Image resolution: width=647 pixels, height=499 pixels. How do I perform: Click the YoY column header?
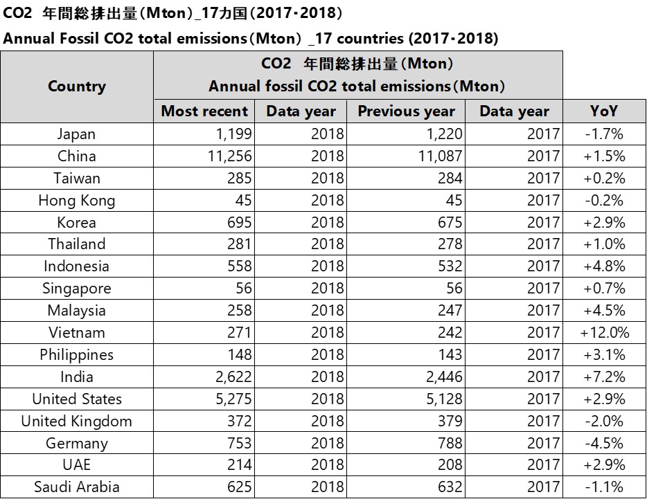coord(604,111)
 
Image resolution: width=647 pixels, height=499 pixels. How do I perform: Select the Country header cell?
coord(77,87)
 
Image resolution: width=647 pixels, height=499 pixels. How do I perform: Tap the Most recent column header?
coord(204,111)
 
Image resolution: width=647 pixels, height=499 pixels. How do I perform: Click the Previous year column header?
coord(406,111)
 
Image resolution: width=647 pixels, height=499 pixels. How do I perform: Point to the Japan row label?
coord(76,134)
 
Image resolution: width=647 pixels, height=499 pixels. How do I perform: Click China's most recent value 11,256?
coord(229,156)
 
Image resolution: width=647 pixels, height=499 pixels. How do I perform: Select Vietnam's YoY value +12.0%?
coord(604,332)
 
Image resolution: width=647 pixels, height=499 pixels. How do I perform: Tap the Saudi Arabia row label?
coord(76,487)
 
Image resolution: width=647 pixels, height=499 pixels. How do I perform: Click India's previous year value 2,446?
coord(440,376)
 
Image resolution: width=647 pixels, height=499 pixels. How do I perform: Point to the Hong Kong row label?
coord(76,200)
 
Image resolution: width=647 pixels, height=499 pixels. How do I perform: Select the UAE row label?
coord(76,464)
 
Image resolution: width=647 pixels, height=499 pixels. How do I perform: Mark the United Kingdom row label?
coord(76,421)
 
